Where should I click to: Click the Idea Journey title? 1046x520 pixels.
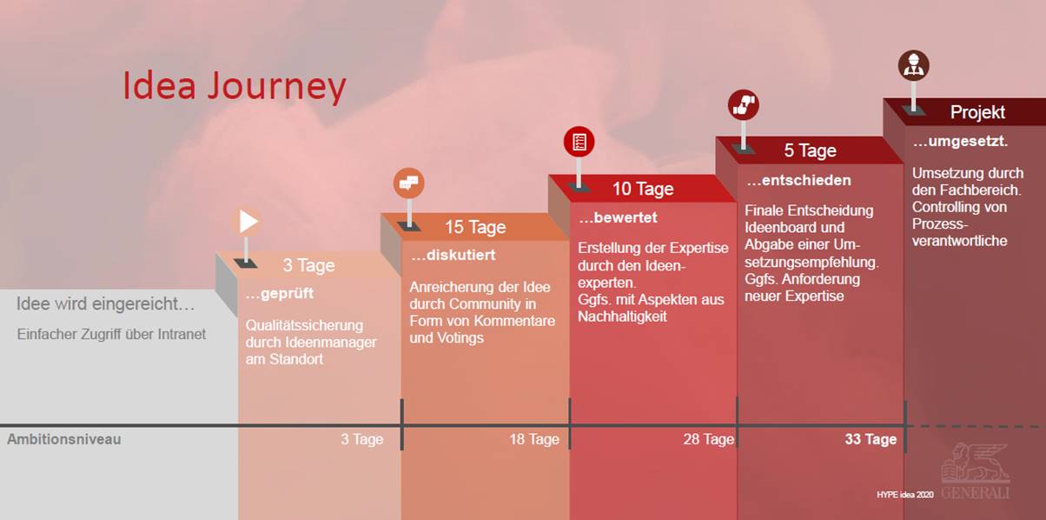(235, 87)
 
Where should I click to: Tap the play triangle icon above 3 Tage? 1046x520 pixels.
(248, 222)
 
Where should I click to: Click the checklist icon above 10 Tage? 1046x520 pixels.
(579, 142)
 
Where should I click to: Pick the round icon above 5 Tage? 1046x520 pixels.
(743, 104)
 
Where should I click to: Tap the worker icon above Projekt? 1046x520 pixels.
(913, 65)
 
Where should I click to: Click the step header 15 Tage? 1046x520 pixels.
(475, 227)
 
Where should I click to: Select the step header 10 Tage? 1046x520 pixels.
(643, 189)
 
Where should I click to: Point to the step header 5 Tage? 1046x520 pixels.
(810, 150)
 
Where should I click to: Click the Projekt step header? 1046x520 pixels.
(977, 112)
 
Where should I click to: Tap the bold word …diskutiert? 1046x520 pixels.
(453, 256)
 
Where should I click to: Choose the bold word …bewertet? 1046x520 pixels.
(619, 217)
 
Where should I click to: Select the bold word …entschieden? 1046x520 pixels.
(798, 181)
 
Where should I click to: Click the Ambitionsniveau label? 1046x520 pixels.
(64, 439)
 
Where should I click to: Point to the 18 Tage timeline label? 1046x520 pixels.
(534, 439)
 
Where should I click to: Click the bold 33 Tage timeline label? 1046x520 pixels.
(871, 439)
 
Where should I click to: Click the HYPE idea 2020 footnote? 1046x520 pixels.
(905, 494)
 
